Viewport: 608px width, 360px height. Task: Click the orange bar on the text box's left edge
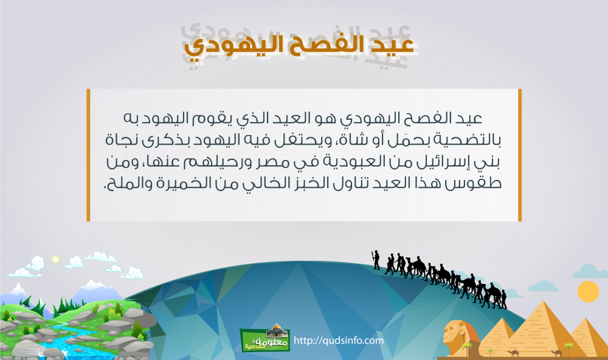click(88, 155)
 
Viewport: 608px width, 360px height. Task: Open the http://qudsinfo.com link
click(339, 341)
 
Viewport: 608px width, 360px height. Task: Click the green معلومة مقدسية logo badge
click(265, 339)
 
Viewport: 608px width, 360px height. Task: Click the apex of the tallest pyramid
click(541, 302)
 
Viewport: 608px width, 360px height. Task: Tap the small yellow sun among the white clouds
click(55, 259)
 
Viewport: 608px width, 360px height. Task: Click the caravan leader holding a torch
click(376, 260)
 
